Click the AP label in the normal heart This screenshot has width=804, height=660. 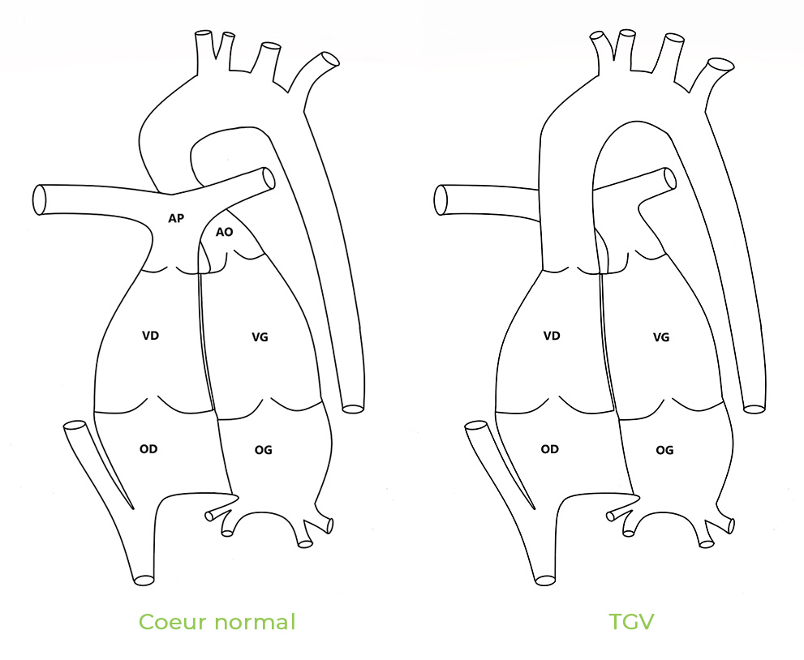176,218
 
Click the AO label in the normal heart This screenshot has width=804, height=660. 224,232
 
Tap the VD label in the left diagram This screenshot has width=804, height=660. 151,336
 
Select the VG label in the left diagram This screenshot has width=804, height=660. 260,337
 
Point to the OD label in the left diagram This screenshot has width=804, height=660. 148,449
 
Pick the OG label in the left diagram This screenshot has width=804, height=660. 264,450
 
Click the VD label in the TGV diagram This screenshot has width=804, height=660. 552,336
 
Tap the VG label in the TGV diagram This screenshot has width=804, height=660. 661,337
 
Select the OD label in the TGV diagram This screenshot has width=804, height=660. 550,449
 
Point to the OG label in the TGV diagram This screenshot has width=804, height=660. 664,450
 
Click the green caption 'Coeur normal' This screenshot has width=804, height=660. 217,622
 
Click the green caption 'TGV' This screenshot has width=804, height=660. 632,622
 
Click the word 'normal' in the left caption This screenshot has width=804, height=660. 255,622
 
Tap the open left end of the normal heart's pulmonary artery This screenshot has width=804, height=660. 40,199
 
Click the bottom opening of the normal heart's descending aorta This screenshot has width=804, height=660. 353,409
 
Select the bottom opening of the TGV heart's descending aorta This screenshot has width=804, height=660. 754,409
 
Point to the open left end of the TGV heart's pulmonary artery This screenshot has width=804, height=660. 441,199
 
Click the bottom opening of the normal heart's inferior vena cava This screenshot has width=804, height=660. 144,580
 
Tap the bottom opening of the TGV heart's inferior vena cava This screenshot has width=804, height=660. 545,580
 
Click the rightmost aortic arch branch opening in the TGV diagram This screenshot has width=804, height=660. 721,65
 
